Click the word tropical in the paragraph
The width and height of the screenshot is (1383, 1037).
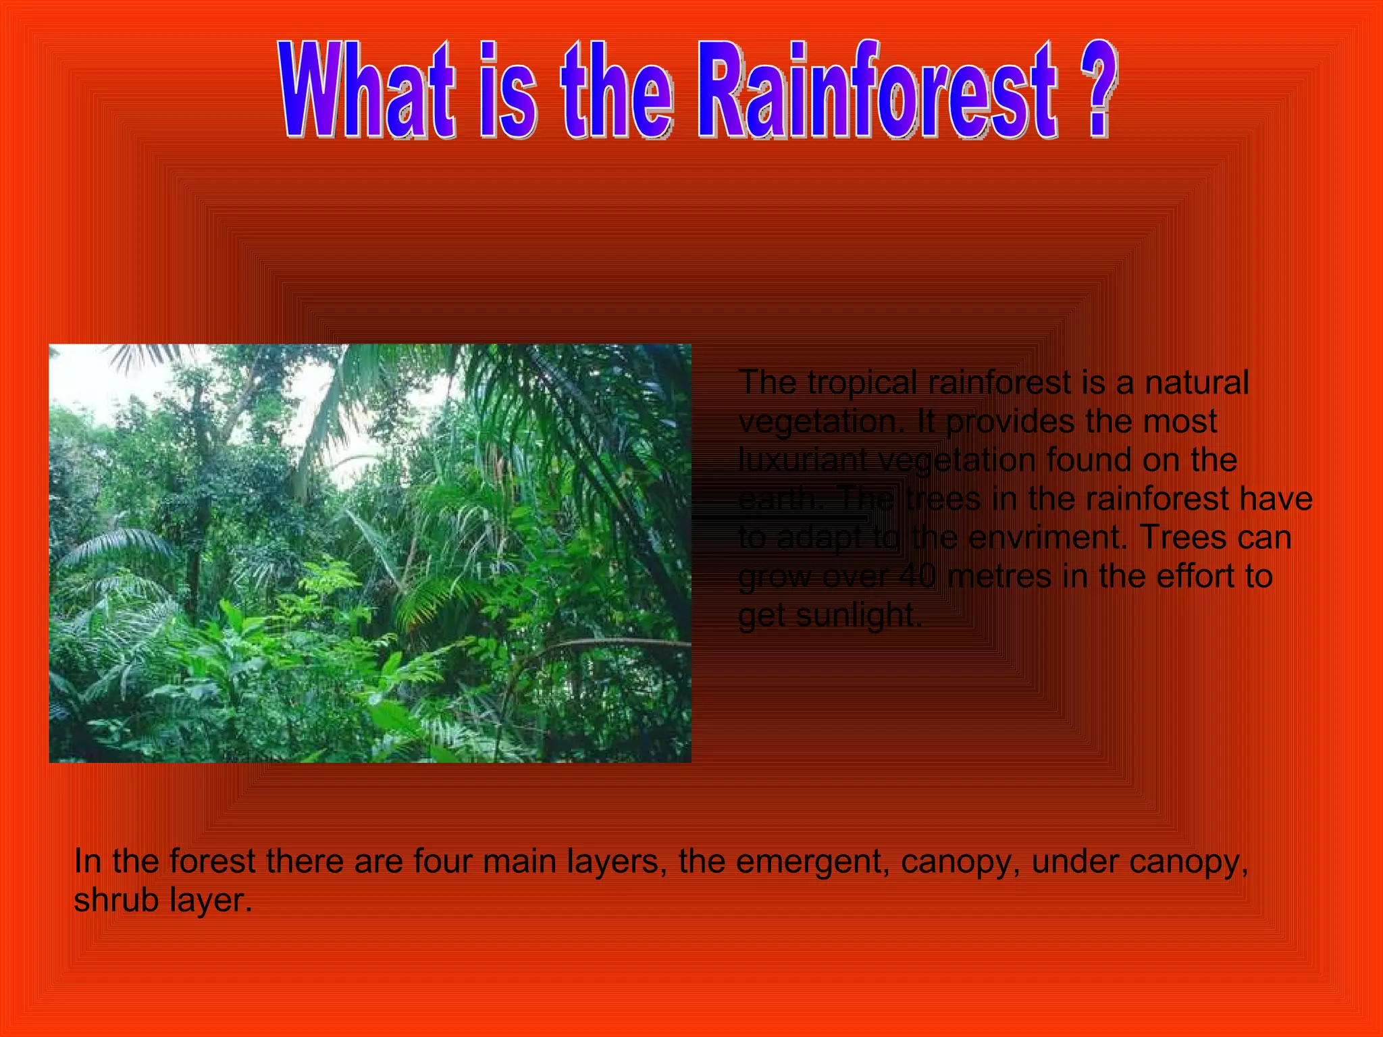coord(862,383)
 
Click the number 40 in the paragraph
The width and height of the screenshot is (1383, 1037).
coord(917,577)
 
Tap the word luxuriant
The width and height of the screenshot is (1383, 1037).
coord(802,460)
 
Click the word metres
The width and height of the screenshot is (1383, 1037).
coord(999,577)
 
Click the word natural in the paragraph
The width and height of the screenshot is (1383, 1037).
coord(1197,383)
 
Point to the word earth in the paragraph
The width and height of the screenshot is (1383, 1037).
coord(777,500)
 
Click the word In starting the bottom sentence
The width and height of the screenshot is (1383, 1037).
coord(87,861)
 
